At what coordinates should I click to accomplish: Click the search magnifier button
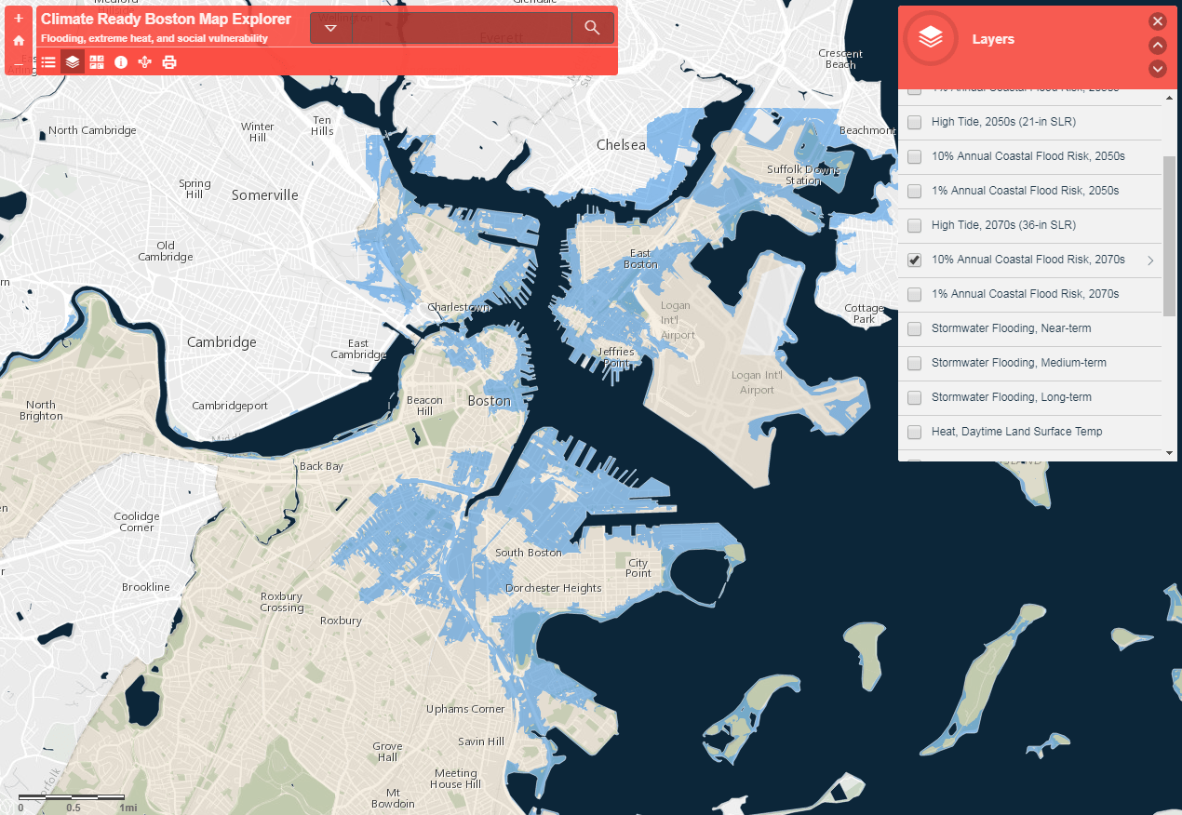[592, 28]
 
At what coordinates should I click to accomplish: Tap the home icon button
[19, 41]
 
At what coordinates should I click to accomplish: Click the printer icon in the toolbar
[169, 62]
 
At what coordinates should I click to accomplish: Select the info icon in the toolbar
[121, 62]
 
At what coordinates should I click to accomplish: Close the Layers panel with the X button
[1157, 21]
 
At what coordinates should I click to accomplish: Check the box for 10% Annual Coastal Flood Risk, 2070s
[915, 260]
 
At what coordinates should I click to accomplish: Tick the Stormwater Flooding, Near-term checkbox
[915, 328]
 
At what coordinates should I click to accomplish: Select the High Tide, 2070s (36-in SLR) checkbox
[915, 225]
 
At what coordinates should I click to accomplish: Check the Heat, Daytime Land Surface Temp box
[915, 432]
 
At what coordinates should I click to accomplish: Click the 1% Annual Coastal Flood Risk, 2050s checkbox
[915, 191]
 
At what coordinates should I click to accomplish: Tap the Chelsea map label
[621, 145]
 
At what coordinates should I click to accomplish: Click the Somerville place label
[265, 195]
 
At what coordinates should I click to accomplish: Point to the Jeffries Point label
[616, 357]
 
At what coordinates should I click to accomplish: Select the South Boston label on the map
[528, 553]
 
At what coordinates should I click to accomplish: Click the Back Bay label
[321, 466]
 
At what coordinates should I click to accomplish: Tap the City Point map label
[638, 568]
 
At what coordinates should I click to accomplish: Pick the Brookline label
[146, 587]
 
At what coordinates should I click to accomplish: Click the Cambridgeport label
[230, 406]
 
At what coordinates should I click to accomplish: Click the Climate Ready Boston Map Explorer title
[166, 20]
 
